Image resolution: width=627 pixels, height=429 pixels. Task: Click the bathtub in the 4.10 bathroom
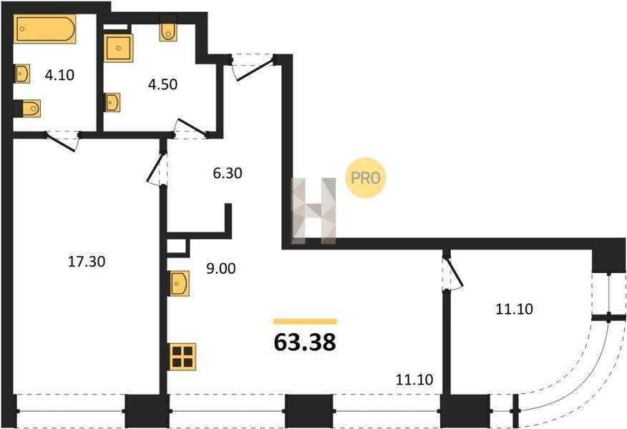(x=45, y=29)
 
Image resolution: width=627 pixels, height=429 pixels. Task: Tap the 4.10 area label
(x=59, y=75)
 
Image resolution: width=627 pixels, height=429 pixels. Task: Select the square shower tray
(x=118, y=48)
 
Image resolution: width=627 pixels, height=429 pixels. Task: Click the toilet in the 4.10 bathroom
(x=27, y=109)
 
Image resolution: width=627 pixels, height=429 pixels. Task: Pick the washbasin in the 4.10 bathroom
(x=21, y=74)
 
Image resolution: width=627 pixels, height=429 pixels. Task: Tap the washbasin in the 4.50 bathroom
(x=113, y=102)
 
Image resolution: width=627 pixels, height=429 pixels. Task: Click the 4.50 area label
(x=162, y=84)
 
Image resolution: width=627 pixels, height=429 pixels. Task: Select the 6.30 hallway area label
(x=228, y=173)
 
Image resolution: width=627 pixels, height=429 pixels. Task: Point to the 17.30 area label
(x=87, y=262)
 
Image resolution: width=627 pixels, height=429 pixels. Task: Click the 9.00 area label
(x=220, y=269)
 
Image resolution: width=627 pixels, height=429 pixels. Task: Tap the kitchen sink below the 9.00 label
(x=180, y=284)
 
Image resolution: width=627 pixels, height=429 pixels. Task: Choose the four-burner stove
(x=182, y=357)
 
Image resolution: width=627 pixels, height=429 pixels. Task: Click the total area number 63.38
(x=305, y=342)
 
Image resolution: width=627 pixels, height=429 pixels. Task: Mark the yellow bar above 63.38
(x=305, y=322)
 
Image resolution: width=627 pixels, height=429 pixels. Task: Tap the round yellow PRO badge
(x=366, y=178)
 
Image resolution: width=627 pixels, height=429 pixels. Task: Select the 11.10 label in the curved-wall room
(x=514, y=309)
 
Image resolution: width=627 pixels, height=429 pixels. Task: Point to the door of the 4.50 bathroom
(x=192, y=127)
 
